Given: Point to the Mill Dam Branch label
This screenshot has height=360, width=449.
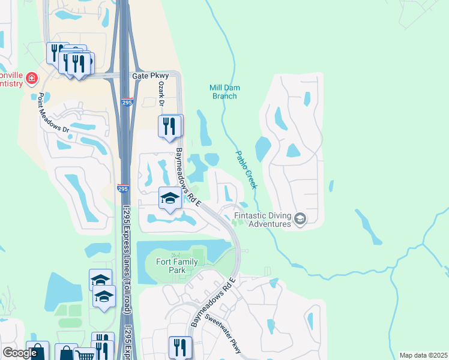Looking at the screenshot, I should point(224,91).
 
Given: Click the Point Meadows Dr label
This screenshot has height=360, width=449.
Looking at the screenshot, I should point(53,113).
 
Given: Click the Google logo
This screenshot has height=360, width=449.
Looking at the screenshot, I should point(19,353).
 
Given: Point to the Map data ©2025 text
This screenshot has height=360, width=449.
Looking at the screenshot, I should point(423,355).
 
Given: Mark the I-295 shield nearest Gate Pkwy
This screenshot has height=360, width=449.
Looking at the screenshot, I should point(126,103).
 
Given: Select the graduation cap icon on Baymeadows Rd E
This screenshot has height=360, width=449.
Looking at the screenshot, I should point(170,198).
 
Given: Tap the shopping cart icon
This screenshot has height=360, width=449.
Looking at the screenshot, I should point(86,354).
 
